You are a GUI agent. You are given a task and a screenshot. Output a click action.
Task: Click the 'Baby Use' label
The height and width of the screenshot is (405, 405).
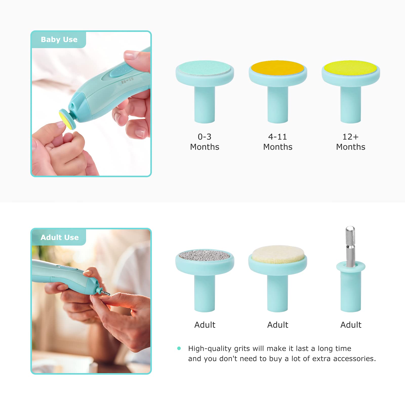pos(59,39)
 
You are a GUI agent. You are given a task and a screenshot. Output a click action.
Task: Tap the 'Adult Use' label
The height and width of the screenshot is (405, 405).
pos(59,237)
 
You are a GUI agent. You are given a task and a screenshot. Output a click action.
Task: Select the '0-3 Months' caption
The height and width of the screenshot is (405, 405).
pos(205,142)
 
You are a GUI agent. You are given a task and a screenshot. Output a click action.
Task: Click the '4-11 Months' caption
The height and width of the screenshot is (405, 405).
pos(278,142)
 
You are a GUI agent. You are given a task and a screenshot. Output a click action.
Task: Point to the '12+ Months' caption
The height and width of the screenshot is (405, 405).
pos(351,142)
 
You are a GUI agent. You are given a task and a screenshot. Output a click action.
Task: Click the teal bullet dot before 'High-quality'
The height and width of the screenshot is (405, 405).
pos(179,348)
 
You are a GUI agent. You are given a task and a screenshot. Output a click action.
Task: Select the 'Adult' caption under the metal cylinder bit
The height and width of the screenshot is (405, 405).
pos(351,325)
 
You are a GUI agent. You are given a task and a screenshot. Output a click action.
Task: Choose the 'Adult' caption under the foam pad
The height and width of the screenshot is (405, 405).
pos(278,325)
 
